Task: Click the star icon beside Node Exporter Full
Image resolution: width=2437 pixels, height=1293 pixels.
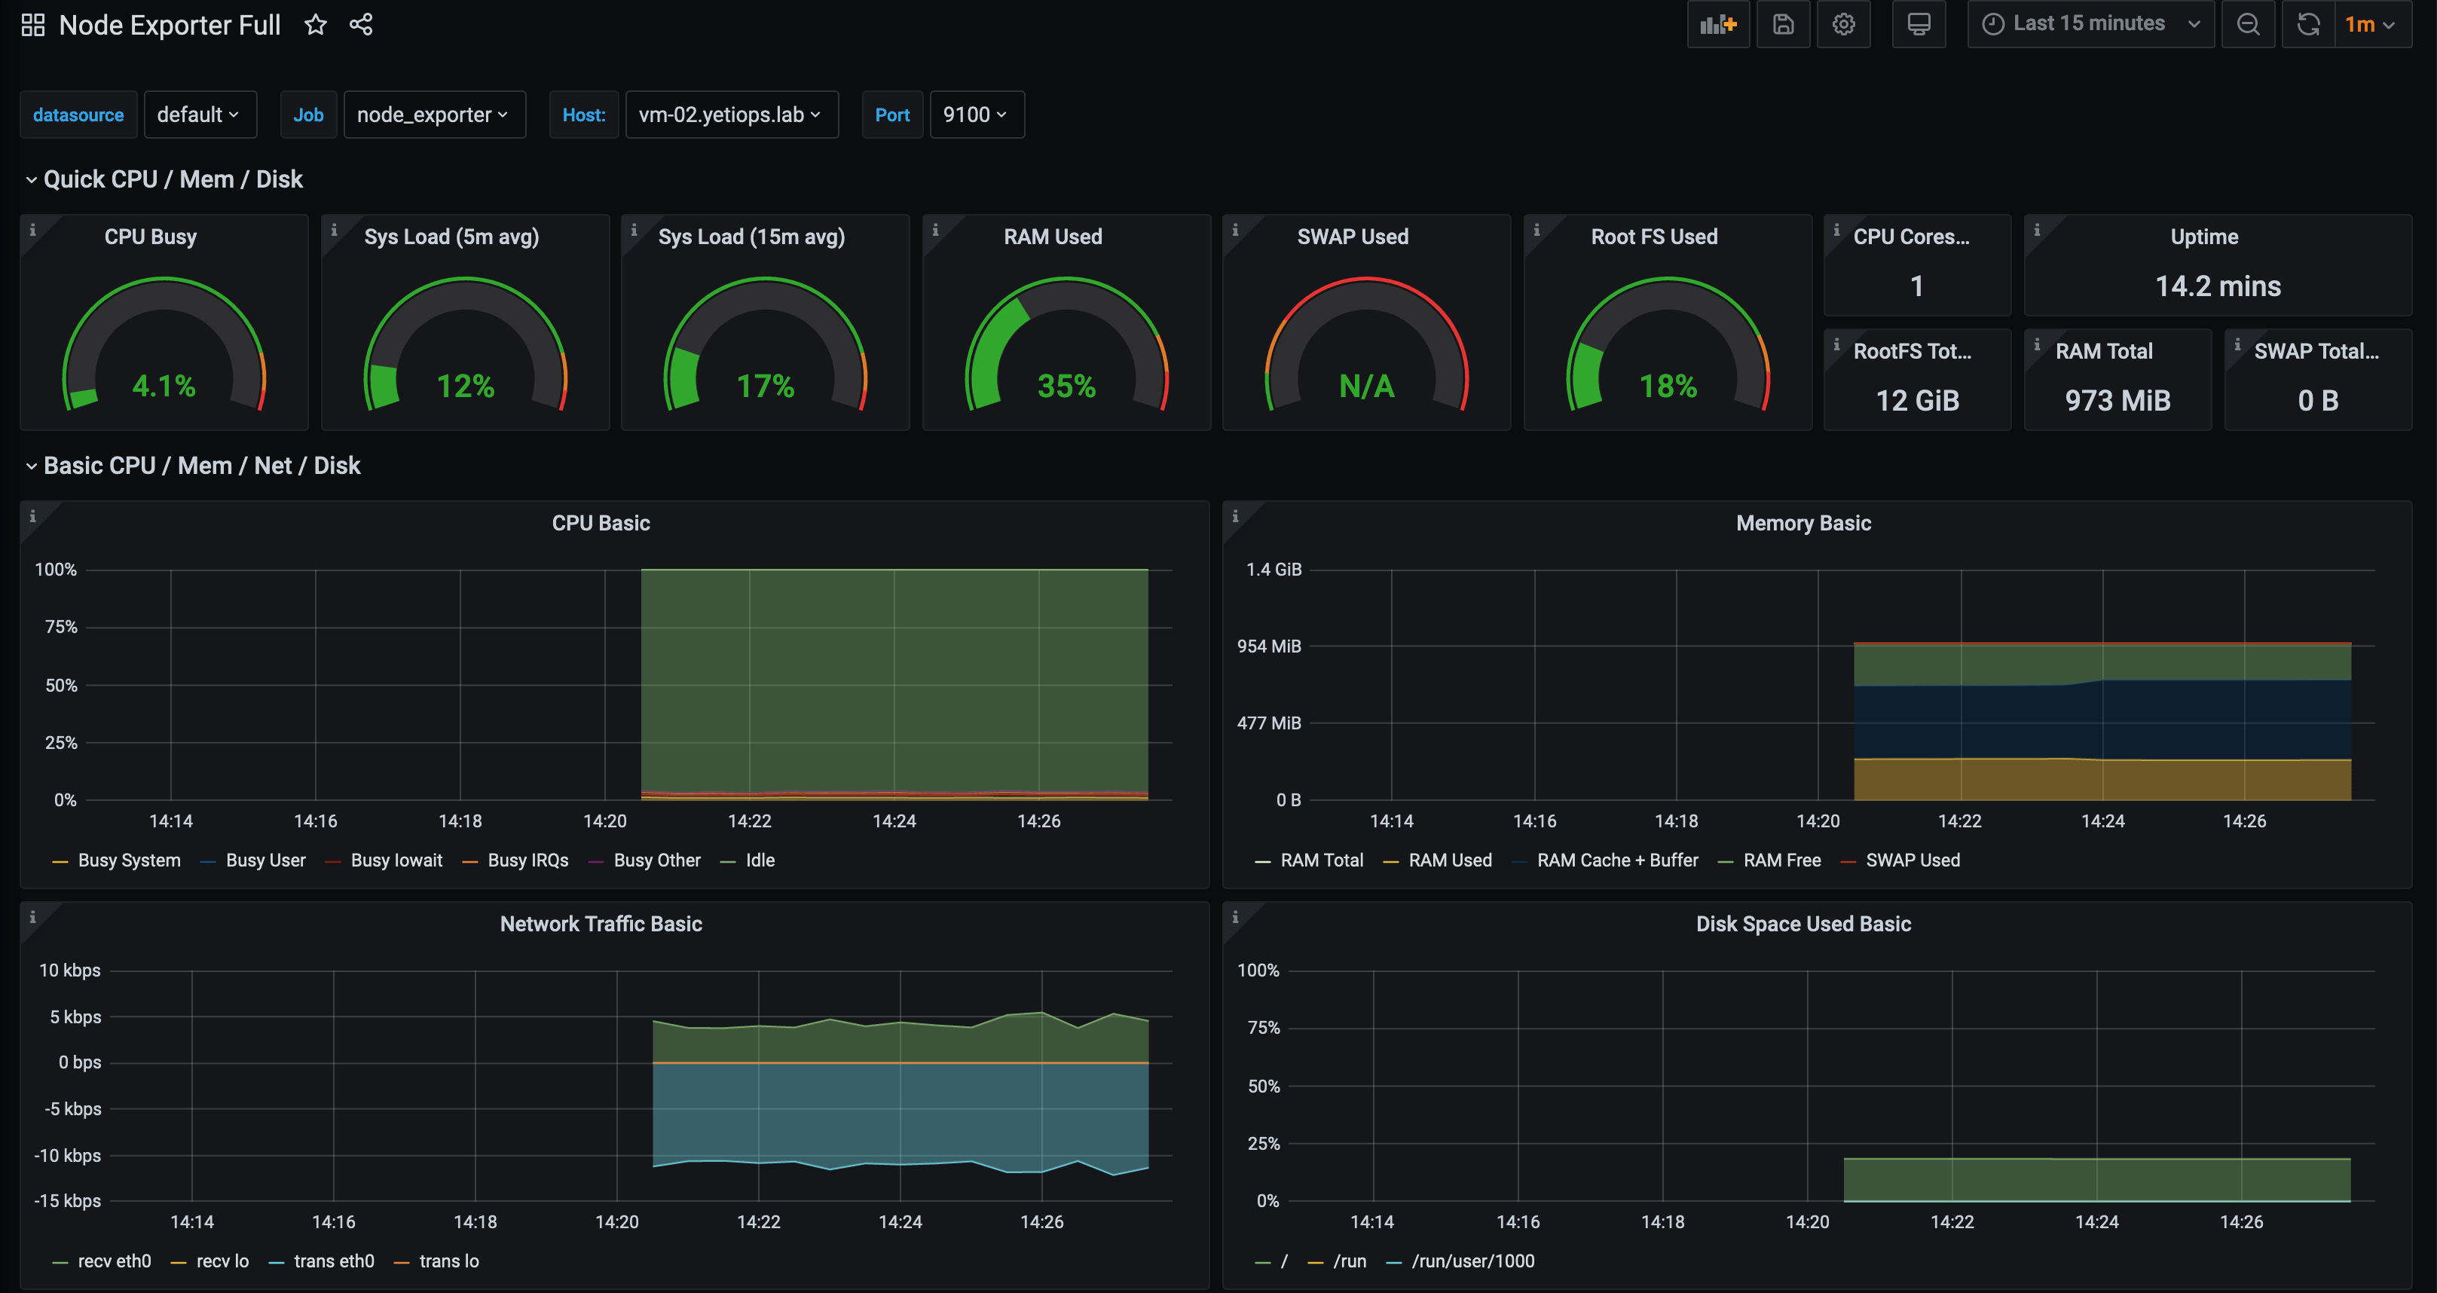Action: [315, 25]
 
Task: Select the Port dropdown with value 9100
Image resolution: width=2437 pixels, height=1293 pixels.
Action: [975, 115]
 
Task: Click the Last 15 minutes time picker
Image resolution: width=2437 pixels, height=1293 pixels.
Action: [2089, 23]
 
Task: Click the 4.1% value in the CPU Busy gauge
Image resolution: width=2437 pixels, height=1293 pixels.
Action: [164, 386]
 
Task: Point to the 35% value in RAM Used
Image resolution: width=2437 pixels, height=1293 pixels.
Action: [1066, 386]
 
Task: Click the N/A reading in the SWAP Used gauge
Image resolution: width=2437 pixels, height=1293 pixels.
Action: [1366, 386]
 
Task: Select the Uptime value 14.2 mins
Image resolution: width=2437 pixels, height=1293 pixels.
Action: [2218, 286]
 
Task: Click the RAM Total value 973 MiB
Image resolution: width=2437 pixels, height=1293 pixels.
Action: [2117, 400]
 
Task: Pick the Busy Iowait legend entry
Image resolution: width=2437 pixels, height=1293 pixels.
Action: [396, 860]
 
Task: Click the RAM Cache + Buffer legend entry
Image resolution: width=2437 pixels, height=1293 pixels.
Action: [1617, 860]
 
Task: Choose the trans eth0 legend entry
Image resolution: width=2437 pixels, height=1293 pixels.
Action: [333, 1261]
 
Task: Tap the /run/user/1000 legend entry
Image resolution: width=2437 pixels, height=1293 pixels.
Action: [1472, 1261]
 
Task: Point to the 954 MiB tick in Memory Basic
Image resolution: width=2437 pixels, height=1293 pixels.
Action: [1269, 646]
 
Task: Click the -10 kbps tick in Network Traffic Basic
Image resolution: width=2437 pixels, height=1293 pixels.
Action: [67, 1155]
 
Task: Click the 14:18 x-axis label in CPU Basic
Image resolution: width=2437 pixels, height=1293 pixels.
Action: [460, 821]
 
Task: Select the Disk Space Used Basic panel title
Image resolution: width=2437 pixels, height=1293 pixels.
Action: [1803, 923]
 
